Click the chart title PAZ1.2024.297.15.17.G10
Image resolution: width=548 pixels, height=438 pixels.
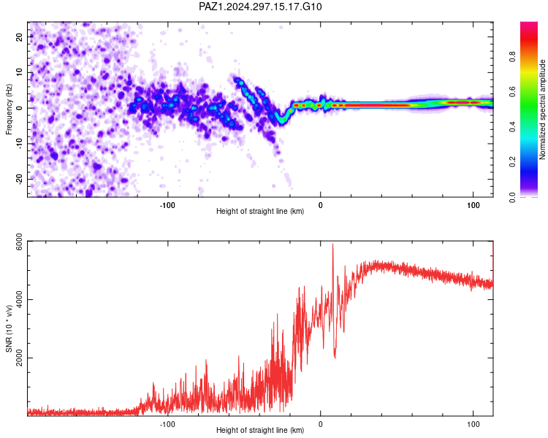coord(260,7)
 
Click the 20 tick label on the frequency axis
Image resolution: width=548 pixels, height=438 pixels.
coord(20,36)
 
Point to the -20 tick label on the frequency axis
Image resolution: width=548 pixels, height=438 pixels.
coord(20,179)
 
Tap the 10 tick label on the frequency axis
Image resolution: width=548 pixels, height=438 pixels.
coord(20,72)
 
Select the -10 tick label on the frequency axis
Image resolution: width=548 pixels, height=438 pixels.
coord(20,144)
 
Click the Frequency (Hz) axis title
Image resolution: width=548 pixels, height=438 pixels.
coord(9,109)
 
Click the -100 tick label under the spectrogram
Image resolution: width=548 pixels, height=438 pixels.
coord(167,205)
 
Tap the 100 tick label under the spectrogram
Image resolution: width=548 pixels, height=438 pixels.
coord(473,205)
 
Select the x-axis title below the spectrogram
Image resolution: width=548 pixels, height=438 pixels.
coord(260,211)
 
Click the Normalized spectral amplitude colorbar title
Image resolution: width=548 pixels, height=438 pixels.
coord(542,109)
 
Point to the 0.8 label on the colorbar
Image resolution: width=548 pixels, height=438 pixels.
coord(512,57)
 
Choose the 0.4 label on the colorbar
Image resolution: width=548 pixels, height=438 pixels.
coord(512,127)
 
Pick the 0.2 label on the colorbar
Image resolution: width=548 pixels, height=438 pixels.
coord(512,162)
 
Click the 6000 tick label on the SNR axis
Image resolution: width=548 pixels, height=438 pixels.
coord(20,242)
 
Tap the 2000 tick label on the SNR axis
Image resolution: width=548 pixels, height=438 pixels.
coord(20,358)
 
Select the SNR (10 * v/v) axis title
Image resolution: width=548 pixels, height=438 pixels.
coord(9,328)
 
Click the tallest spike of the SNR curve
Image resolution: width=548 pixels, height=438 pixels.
coord(332,244)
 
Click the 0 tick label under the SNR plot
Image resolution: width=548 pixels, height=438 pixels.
coord(321,424)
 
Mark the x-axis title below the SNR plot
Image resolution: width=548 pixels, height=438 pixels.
coord(260,430)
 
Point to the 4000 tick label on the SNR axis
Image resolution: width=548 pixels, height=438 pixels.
coord(20,300)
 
